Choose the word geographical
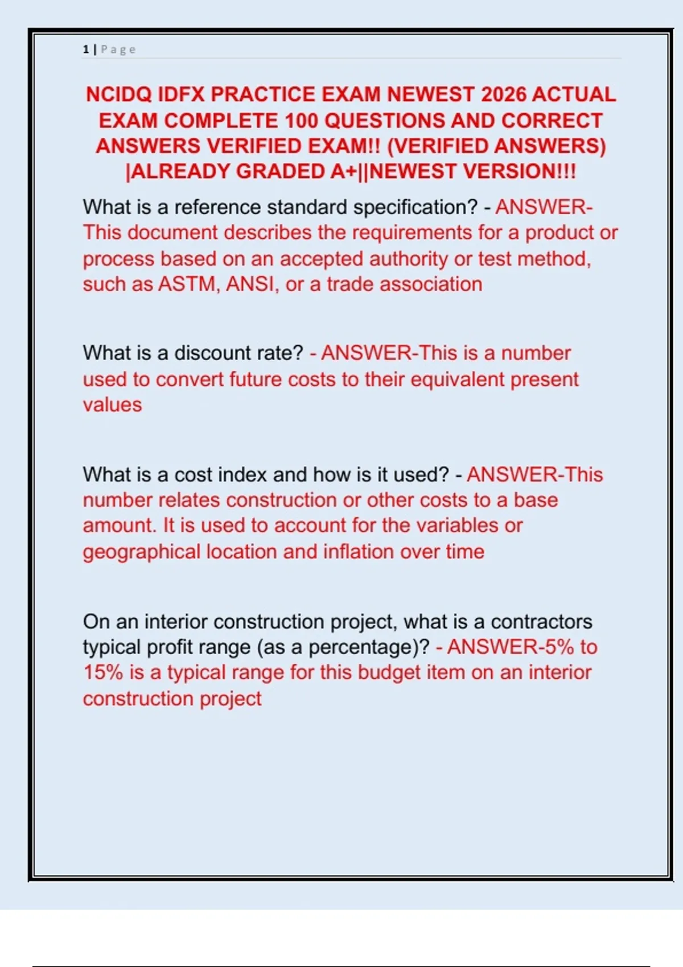142,552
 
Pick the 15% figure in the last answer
103,672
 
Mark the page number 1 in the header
85,49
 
